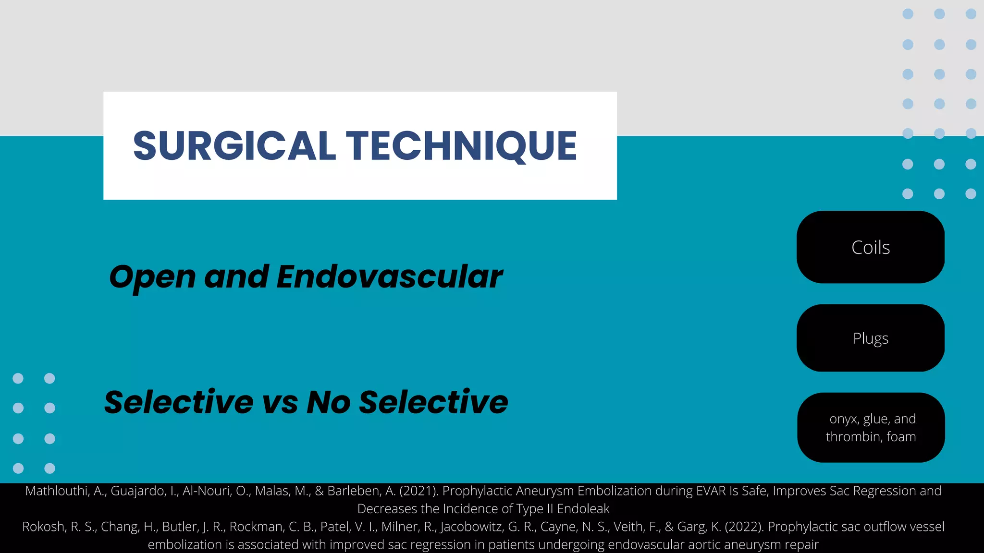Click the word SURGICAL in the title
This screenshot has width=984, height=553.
pos(234,146)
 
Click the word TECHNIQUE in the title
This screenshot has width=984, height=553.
pos(461,146)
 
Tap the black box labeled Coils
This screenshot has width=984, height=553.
pos(870,248)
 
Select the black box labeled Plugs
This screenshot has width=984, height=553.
pos(870,338)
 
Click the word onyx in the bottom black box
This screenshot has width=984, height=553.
pos(844,419)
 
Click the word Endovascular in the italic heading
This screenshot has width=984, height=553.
pos(389,277)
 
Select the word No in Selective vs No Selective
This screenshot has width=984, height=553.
pos(329,402)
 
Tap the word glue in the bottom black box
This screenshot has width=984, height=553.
pos(876,419)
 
